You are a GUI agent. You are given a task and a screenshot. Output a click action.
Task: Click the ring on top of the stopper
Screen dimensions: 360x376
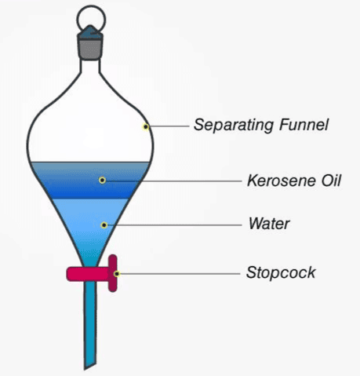point(91,6)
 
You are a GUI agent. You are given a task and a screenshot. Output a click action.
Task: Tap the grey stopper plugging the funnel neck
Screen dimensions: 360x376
point(90,49)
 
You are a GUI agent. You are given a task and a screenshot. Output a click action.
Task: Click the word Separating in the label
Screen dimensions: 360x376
point(234,125)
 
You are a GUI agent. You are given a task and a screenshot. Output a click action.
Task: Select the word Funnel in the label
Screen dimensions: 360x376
point(304,125)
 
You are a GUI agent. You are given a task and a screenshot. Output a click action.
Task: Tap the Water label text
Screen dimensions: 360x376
point(269,224)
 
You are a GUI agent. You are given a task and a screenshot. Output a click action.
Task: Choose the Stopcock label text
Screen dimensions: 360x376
point(281,272)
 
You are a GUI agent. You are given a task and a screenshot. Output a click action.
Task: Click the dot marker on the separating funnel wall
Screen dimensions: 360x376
point(146,127)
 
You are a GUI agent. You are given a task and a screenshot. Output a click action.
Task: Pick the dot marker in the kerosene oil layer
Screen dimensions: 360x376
point(102,180)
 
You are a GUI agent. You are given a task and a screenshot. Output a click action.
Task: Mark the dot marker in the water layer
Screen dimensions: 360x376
point(104,225)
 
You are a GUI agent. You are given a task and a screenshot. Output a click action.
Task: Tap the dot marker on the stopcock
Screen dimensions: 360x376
point(117,274)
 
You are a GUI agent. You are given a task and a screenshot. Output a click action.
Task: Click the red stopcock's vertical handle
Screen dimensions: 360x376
point(113,273)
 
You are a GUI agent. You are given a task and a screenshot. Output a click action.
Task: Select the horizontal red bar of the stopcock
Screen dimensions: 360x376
point(88,274)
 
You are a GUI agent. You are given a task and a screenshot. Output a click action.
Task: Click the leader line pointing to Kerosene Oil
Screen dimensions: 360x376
point(173,181)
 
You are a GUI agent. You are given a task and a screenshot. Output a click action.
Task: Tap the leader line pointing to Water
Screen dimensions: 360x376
point(174,225)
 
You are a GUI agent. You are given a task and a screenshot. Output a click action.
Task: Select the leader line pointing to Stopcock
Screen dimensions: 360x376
point(180,274)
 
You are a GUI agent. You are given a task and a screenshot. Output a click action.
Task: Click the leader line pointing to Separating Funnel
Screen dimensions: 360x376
point(169,126)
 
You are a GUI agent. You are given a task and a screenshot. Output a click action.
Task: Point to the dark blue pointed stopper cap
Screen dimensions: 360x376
point(90,32)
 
